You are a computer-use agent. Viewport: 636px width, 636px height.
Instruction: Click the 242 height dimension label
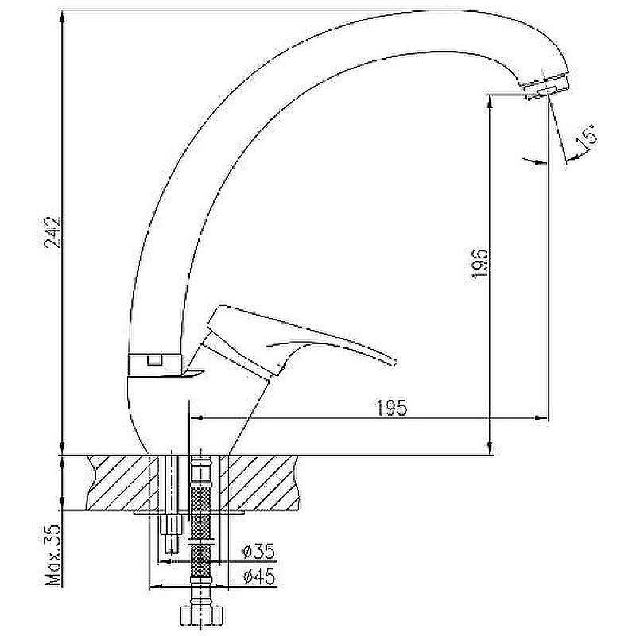pos(53,232)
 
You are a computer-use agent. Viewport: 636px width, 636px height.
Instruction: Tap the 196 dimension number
pos(480,263)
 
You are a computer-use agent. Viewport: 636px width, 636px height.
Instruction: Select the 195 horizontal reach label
pos(392,408)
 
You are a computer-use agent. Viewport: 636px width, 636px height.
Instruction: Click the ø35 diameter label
pos(258,551)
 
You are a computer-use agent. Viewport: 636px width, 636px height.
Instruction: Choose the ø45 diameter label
pos(259,576)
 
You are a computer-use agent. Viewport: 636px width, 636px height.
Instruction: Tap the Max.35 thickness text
pos(53,555)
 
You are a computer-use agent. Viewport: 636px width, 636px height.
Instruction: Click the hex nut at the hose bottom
pos(202,615)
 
